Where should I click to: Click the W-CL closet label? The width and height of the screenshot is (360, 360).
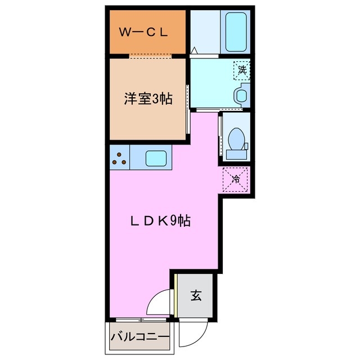[x=143, y=33]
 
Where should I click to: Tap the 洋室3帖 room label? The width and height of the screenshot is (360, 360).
[x=148, y=99]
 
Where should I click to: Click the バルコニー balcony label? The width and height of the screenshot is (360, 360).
[x=140, y=338]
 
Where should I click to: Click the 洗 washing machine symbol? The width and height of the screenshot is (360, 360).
[x=242, y=71]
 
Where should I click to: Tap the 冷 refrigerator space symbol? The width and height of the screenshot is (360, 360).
[x=236, y=181]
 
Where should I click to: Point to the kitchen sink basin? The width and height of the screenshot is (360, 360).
[x=155, y=157]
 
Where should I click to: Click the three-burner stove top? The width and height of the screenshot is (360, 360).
[x=119, y=157]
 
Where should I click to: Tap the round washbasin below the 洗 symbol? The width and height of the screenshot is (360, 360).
[x=241, y=95]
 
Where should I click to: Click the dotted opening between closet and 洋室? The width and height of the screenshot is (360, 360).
[x=150, y=55]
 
